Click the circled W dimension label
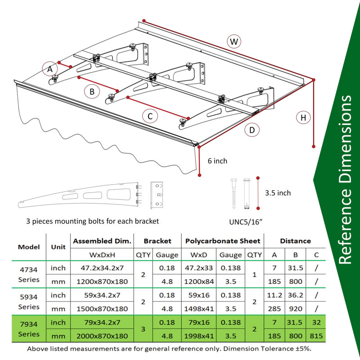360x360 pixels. tap(234, 41)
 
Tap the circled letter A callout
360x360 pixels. tap(49, 69)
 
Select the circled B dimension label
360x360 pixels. tap(92, 92)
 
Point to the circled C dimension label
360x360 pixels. tap(150, 116)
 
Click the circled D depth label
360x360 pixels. tap(252, 130)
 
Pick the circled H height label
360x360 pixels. tap(303, 117)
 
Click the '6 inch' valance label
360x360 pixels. tap(217, 161)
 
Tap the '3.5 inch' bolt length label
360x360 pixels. tap(278, 193)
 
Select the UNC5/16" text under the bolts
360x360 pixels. tap(246, 222)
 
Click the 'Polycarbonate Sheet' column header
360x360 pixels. tap(223, 241)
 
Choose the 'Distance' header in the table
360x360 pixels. tap(295, 241)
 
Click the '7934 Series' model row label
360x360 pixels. tap(29, 329)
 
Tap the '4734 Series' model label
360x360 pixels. tap(29, 274)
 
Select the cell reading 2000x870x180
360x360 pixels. tap(102, 336)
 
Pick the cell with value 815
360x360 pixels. tap(316, 336)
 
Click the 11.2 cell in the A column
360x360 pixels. tap(274, 295)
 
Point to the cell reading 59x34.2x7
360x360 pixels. tap(102, 295)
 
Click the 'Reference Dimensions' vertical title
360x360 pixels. tap(345, 180)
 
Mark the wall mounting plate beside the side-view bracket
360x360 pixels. tap(157, 195)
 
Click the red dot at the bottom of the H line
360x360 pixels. tap(314, 146)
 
